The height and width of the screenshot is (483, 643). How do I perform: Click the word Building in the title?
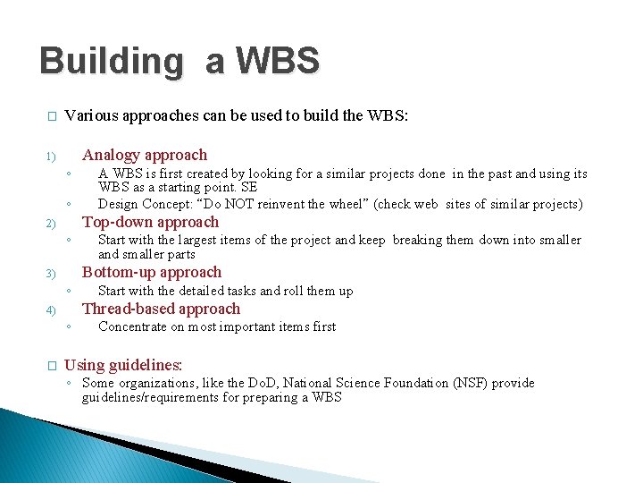point(110,62)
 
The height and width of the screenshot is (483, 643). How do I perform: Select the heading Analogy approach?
point(145,155)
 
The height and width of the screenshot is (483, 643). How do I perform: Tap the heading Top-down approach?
point(150,222)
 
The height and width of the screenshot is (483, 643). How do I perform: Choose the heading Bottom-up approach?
point(152,272)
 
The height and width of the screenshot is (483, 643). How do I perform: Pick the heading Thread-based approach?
point(161,309)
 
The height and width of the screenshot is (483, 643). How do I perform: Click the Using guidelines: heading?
point(123,365)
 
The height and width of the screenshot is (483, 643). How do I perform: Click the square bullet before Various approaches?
point(52,116)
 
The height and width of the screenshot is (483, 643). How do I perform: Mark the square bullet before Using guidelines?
point(52,366)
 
